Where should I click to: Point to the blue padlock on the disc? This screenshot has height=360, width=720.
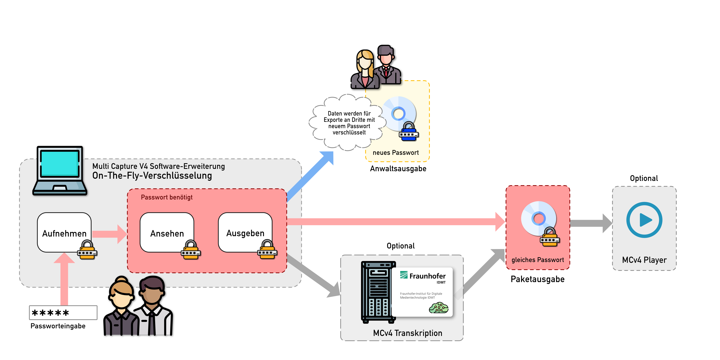[409, 131]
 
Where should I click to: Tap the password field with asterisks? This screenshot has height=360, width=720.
[63, 312]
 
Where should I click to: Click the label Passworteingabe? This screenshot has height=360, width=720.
[58, 326]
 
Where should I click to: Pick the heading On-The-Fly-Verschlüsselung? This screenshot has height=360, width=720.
[152, 176]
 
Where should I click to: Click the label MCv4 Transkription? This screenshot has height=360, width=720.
[408, 333]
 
